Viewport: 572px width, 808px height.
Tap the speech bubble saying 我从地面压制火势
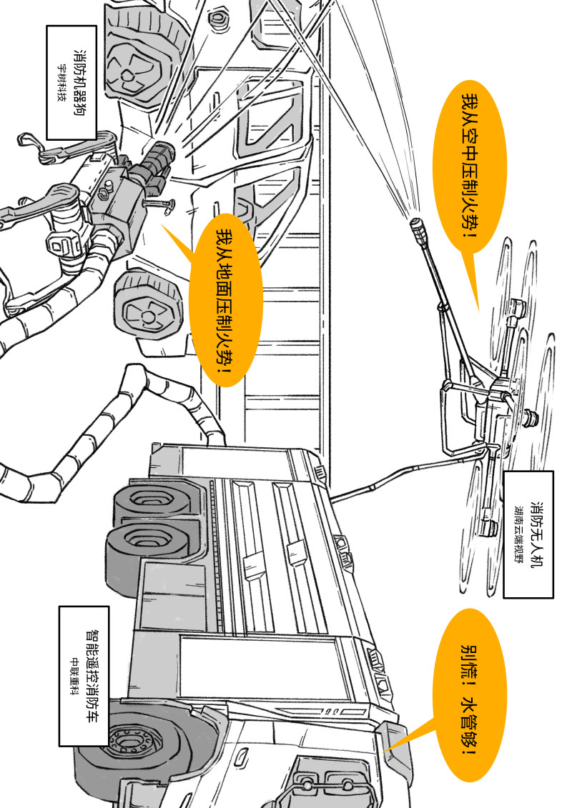(x=225, y=301)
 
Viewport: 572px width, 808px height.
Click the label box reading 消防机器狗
(x=71, y=82)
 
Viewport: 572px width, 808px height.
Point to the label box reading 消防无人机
(x=528, y=534)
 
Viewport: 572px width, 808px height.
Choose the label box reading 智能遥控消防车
(x=84, y=676)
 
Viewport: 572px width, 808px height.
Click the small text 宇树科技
(x=62, y=82)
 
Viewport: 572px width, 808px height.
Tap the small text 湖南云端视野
(x=518, y=534)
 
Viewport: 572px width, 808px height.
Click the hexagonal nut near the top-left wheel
(x=216, y=19)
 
